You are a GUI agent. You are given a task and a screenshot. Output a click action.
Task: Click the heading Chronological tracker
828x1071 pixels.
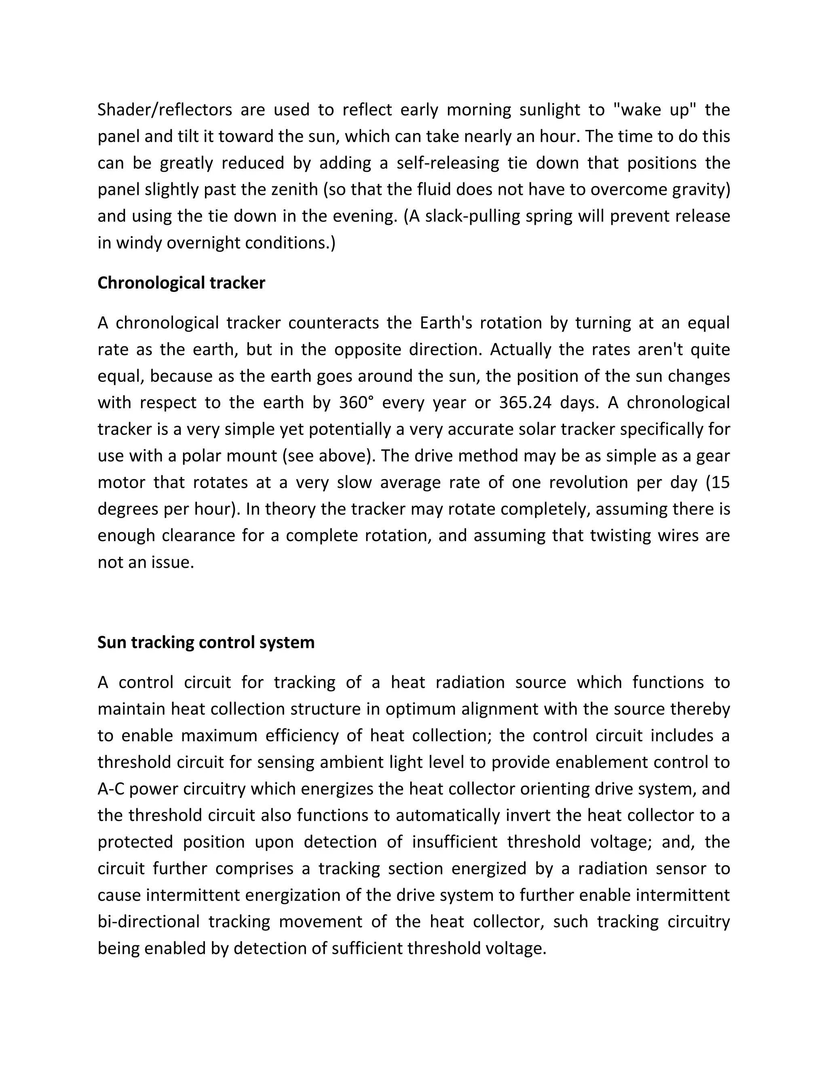point(181,283)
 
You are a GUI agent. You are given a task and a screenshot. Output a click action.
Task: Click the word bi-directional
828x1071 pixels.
point(149,922)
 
